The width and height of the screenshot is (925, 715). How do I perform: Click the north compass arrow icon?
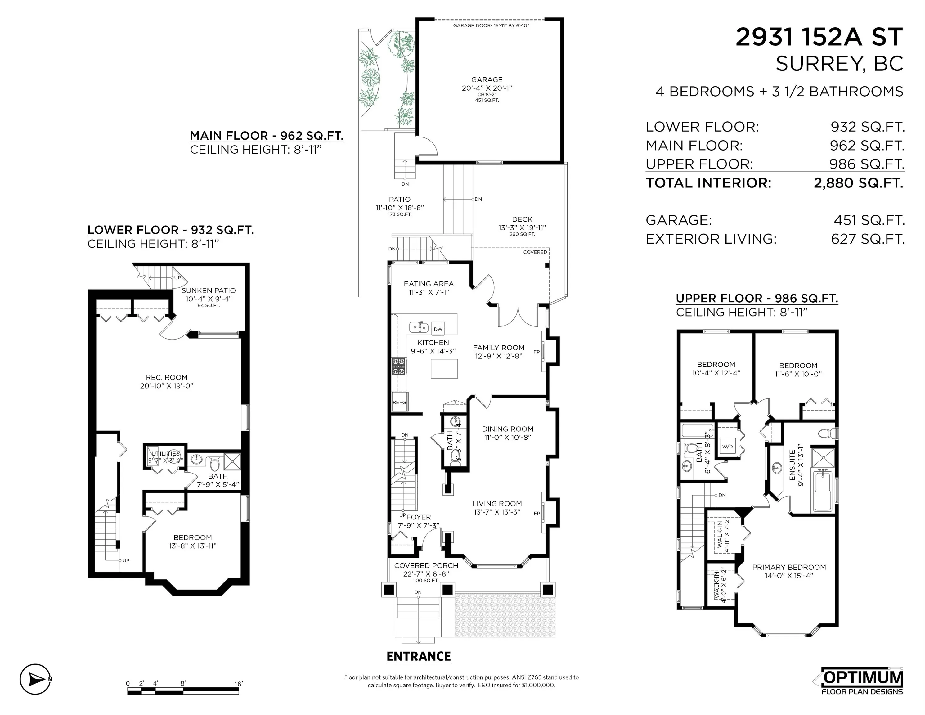click(36, 679)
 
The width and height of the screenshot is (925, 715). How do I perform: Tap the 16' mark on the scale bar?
click(238, 684)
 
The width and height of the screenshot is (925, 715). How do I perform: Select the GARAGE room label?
click(487, 80)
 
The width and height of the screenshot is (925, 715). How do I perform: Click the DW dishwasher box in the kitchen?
click(438, 329)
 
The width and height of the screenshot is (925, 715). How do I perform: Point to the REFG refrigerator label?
click(399, 402)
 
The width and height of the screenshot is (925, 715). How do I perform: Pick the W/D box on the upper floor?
click(727, 447)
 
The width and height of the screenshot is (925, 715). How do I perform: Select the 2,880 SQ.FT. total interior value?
click(859, 183)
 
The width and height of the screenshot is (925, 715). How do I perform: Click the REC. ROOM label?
click(166, 377)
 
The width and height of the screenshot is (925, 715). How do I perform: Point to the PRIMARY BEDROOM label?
click(788, 567)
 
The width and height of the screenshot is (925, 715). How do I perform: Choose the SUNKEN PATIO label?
click(209, 290)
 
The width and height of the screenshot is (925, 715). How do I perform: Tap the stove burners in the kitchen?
click(398, 366)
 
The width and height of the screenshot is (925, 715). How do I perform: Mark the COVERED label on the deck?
click(535, 252)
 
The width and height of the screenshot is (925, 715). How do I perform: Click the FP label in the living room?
click(537, 513)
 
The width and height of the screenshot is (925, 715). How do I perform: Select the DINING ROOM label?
click(507, 429)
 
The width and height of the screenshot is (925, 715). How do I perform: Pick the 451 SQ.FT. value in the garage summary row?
click(869, 220)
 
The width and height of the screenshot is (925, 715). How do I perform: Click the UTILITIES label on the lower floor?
click(166, 454)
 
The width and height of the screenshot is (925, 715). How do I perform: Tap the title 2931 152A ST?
click(819, 37)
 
